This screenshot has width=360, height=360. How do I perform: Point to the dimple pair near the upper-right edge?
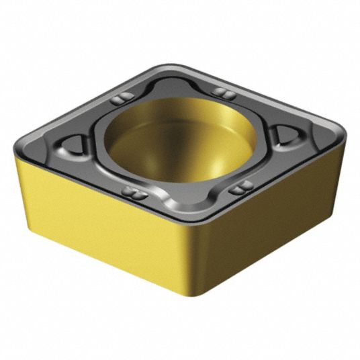point(221,92)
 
